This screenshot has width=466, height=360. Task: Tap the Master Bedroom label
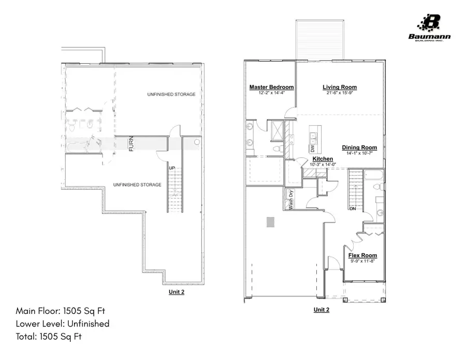271,87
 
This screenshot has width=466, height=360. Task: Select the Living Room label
340,87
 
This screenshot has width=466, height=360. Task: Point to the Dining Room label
359,148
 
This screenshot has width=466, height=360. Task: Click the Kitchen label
322,159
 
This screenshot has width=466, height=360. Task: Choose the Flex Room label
362,255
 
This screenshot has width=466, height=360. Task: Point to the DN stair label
352,209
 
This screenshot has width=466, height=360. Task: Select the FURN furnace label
132,143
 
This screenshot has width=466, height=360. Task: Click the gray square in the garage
270,222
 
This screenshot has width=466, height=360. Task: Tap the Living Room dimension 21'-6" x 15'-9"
340,93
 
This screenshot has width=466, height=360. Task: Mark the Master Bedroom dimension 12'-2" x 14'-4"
271,93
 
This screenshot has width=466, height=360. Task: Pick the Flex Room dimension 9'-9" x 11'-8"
362,262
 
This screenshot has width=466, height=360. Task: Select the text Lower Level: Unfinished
63,324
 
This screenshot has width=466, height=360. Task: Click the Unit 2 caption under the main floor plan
321,310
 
